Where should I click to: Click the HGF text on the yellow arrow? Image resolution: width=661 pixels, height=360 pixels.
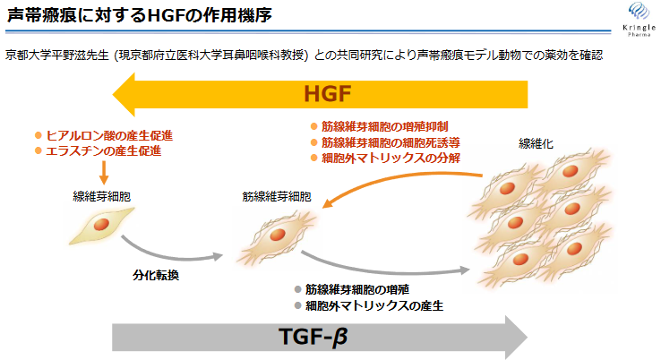(328, 94)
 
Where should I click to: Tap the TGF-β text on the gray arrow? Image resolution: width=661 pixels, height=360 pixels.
(313, 336)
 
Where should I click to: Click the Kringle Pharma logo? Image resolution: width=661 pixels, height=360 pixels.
(640, 19)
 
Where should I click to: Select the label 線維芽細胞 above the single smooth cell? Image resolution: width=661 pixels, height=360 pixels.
(101, 196)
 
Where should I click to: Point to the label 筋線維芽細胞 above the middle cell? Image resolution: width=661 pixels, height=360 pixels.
(277, 197)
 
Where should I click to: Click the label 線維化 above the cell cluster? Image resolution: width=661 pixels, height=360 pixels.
(536, 144)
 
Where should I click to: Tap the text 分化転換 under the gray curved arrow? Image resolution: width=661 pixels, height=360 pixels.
(156, 275)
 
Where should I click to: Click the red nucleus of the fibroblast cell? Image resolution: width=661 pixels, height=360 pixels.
(101, 224)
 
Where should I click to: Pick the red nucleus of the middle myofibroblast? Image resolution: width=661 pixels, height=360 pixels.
(278, 235)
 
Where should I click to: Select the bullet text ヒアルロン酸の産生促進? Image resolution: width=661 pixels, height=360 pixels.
(109, 135)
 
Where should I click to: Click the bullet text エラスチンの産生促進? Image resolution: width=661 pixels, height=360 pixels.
(103, 151)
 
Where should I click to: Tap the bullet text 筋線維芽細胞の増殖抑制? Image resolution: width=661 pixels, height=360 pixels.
(384, 126)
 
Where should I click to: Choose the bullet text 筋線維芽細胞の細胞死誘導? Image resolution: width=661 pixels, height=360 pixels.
(391, 142)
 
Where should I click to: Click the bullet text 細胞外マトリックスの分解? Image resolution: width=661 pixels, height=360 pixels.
(391, 159)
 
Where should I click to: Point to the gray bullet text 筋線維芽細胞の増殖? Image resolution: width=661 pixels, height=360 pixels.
(357, 289)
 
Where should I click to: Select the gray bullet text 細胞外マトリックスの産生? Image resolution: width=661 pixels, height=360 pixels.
(373, 305)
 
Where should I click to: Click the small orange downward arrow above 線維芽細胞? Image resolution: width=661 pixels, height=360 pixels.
(104, 173)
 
